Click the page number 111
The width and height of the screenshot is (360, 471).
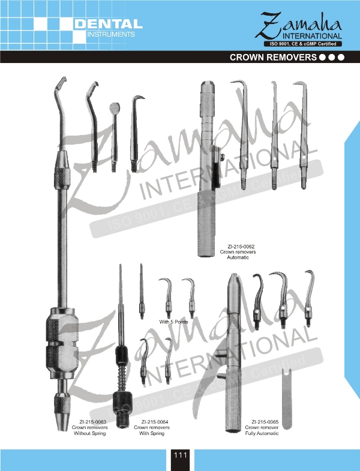[181, 455]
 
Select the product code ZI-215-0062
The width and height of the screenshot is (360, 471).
[237, 247]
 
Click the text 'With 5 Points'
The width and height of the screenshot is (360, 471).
[173, 322]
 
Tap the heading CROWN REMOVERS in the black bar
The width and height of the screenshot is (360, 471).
[273, 58]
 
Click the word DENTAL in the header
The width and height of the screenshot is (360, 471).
[109, 25]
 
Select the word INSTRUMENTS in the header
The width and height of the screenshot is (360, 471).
[111, 34]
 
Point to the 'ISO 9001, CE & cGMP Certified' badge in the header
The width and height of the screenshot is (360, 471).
[302, 44]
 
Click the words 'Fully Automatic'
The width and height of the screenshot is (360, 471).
[262, 433]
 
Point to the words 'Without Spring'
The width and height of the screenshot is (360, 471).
[90, 433]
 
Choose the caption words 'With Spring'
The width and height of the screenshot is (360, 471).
[152, 433]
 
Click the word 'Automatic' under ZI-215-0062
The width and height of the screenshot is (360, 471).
[238, 257]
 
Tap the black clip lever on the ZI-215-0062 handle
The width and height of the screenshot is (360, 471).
[215, 168]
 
